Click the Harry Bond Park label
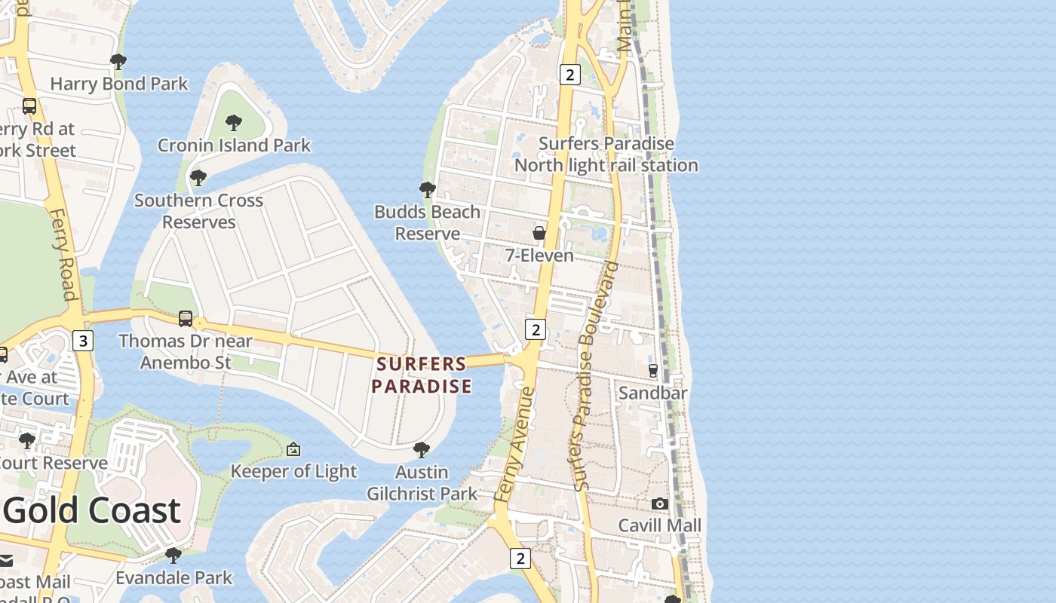(x=119, y=84)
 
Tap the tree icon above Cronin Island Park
(x=234, y=122)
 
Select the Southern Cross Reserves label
(x=199, y=211)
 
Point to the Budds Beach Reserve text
(x=427, y=222)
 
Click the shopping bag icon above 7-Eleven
(x=539, y=233)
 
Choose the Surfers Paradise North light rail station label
(x=606, y=155)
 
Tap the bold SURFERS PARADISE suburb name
(x=423, y=375)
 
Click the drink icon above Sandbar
(x=653, y=370)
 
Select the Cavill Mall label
(x=660, y=525)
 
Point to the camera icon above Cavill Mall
(x=660, y=504)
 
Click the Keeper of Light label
(x=293, y=472)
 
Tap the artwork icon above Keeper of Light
(x=293, y=450)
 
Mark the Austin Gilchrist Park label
(x=422, y=483)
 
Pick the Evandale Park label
(x=174, y=578)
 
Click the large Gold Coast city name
(x=92, y=511)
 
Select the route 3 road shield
(x=83, y=341)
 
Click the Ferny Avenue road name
(x=517, y=445)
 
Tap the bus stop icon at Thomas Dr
(x=186, y=319)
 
